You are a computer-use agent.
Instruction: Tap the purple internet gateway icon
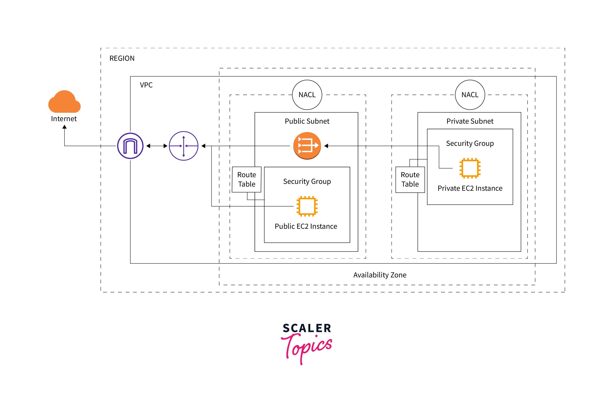coord(130,146)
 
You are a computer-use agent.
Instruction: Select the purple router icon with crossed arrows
coord(184,146)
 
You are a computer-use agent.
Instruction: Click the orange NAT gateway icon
coord(307,146)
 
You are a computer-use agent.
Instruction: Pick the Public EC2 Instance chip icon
coord(307,206)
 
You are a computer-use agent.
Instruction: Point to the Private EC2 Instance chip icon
coord(470,168)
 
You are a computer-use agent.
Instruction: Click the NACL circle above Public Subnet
coord(307,95)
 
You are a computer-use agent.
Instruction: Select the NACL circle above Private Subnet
coord(470,95)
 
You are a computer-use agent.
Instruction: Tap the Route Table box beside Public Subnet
coord(247,180)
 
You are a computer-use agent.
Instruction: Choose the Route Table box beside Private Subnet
coord(410,180)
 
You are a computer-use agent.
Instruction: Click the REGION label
coord(122,58)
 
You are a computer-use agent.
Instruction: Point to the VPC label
coord(146,85)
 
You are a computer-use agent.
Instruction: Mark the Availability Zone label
coord(380,275)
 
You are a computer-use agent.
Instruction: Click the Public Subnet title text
coord(307,121)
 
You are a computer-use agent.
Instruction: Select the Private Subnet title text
coord(470,121)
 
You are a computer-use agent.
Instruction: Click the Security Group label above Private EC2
coord(470,143)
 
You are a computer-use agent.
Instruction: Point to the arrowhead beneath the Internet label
coord(64,127)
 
